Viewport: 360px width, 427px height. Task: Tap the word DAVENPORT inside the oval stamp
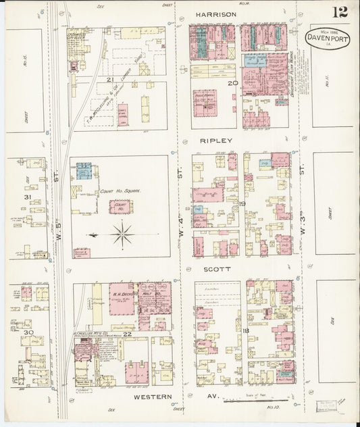[328, 39]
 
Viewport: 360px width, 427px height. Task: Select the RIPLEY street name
[215, 141]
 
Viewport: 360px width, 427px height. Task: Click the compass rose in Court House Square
[122, 235]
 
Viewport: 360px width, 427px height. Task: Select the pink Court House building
[122, 206]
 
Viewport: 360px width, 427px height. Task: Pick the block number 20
[232, 82]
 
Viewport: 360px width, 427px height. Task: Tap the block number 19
[240, 203]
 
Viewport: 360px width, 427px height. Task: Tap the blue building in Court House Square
[84, 170]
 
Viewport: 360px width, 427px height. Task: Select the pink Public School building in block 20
[206, 100]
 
